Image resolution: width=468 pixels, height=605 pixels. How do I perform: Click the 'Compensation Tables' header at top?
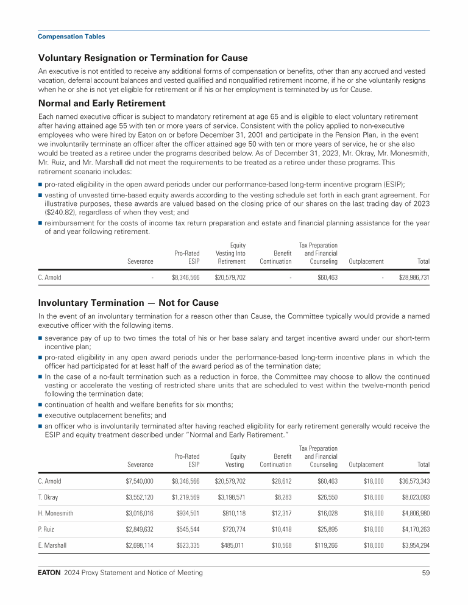[71, 37]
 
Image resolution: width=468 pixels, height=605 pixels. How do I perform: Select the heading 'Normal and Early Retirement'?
[102, 103]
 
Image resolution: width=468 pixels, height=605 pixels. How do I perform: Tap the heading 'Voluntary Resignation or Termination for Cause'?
[143, 58]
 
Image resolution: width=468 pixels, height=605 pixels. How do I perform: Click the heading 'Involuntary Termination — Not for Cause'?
[128, 303]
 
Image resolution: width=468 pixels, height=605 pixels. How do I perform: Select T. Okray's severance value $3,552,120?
[135, 497]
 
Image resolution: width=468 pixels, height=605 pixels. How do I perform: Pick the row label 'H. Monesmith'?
[55, 513]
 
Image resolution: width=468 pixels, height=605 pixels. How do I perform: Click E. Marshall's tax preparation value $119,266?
[323, 545]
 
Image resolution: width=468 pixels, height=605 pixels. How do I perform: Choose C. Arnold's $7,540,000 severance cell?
[135, 481]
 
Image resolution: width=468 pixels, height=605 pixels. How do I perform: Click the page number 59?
[425, 573]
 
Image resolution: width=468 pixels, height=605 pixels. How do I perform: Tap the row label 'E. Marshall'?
[52, 545]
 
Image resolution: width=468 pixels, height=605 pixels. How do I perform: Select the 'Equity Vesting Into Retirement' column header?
[230, 253]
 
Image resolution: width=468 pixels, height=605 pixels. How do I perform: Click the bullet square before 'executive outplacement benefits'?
[40, 415]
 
